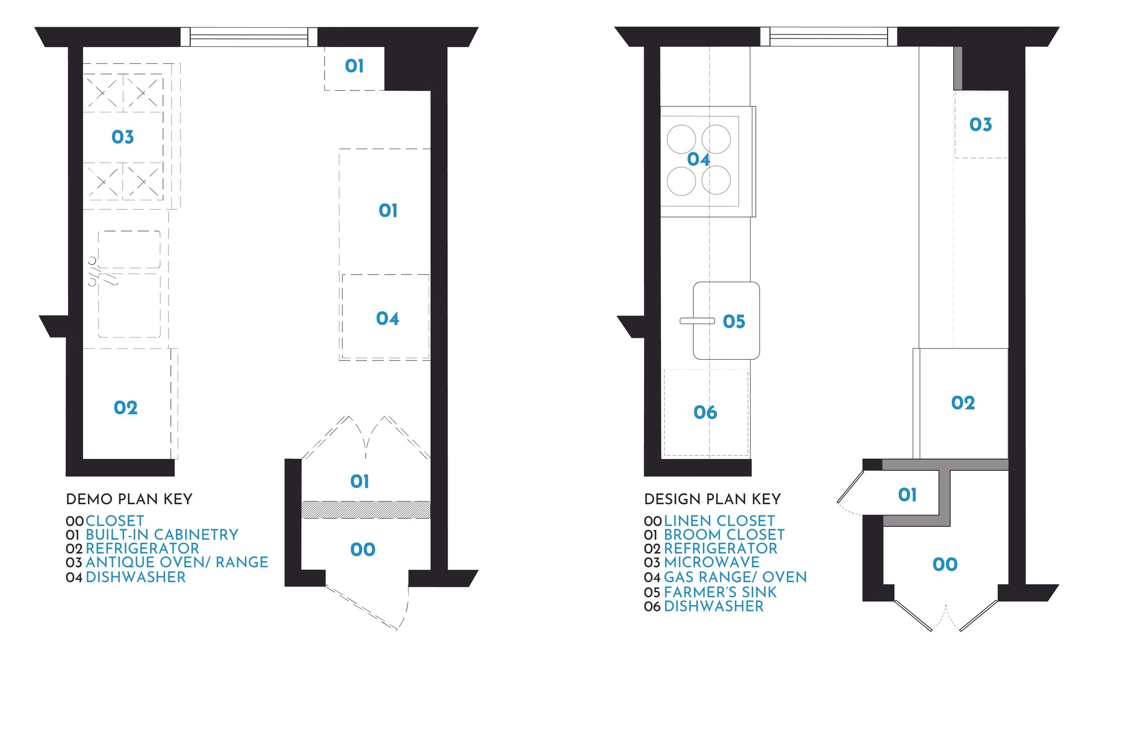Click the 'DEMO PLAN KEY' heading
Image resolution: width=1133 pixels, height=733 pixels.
[129, 499]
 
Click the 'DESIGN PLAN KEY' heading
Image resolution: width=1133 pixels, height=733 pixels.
[712, 499]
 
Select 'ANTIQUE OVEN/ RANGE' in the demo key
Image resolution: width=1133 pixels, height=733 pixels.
[177, 562]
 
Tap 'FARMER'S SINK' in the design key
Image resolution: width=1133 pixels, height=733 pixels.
[720, 592]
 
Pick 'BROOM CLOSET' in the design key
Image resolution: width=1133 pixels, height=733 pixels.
[724, 535]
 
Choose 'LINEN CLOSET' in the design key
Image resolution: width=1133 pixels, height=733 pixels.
[719, 521]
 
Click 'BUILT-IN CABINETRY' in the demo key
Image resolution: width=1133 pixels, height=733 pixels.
[162, 535]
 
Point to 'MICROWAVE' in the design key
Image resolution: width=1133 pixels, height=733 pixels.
[711, 562]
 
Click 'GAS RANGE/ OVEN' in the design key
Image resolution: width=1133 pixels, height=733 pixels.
[735, 577]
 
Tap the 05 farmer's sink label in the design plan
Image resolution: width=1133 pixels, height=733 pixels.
[734, 322]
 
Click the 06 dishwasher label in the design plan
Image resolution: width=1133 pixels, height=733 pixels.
[705, 412]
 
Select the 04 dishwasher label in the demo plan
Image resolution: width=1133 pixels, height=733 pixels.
[387, 318]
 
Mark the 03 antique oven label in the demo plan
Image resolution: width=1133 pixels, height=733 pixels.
[123, 137]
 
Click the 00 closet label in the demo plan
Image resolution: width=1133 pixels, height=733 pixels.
[363, 550]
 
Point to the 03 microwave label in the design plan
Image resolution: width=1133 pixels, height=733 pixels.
[981, 125]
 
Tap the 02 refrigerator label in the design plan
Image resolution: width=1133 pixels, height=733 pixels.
[963, 403]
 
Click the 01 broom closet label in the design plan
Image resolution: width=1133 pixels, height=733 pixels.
[907, 495]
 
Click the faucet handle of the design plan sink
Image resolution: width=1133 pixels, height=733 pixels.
[697, 321]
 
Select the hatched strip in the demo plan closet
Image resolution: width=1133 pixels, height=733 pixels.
[366, 510]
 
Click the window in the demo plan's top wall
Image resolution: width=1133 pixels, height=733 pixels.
[249, 37]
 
